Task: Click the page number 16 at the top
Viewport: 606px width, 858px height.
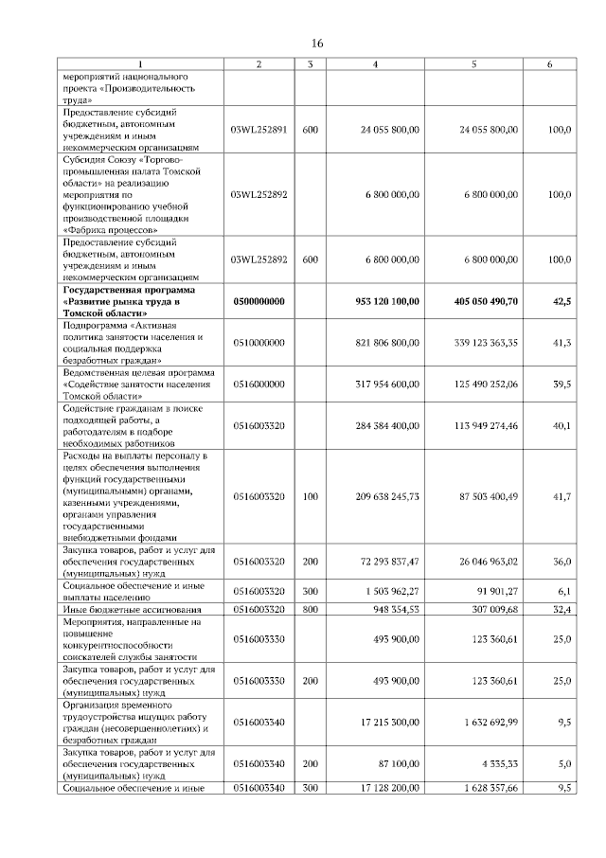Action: pos(317,44)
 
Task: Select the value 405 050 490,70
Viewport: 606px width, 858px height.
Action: pos(478,300)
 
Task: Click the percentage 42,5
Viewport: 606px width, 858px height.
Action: pos(561,300)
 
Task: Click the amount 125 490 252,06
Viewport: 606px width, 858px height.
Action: pos(478,384)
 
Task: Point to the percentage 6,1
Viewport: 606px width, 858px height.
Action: pos(563,591)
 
